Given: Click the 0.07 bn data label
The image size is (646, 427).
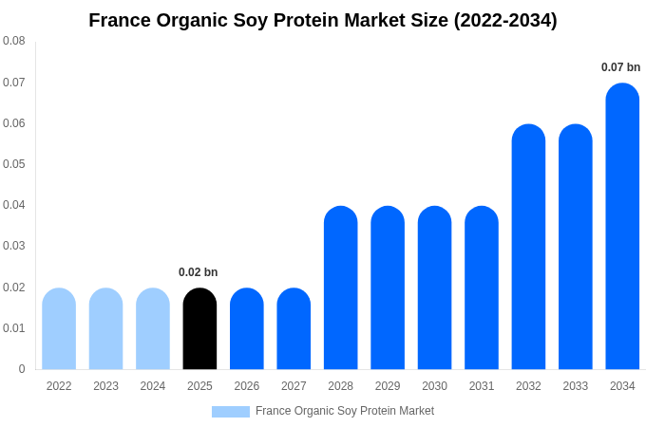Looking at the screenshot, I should point(620,67).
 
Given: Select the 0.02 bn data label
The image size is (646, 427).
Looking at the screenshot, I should point(198,272).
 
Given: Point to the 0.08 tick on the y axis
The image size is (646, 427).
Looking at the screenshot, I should point(14,41).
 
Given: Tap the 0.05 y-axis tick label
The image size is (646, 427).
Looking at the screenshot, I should point(14,164).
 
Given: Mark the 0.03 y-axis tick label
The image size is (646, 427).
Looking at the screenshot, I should point(14,246).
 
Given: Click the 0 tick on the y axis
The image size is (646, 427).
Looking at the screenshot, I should point(22,369).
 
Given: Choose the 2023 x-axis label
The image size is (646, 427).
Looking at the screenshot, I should point(105,386).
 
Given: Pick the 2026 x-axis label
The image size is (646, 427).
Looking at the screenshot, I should point(247,386).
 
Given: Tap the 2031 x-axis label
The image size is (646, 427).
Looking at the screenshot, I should point(482,386).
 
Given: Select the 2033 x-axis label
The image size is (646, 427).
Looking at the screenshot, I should point(576,386).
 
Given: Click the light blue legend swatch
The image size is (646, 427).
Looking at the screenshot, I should point(231,412).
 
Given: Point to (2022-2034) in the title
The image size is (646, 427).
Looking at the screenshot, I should point(504,20).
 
